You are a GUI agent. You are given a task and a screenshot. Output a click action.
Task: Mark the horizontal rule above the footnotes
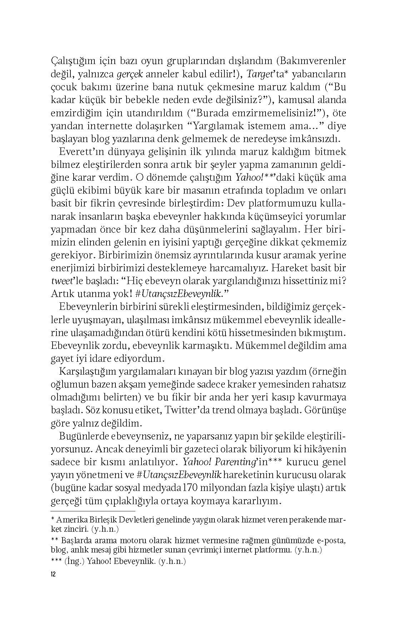point(93,511)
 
